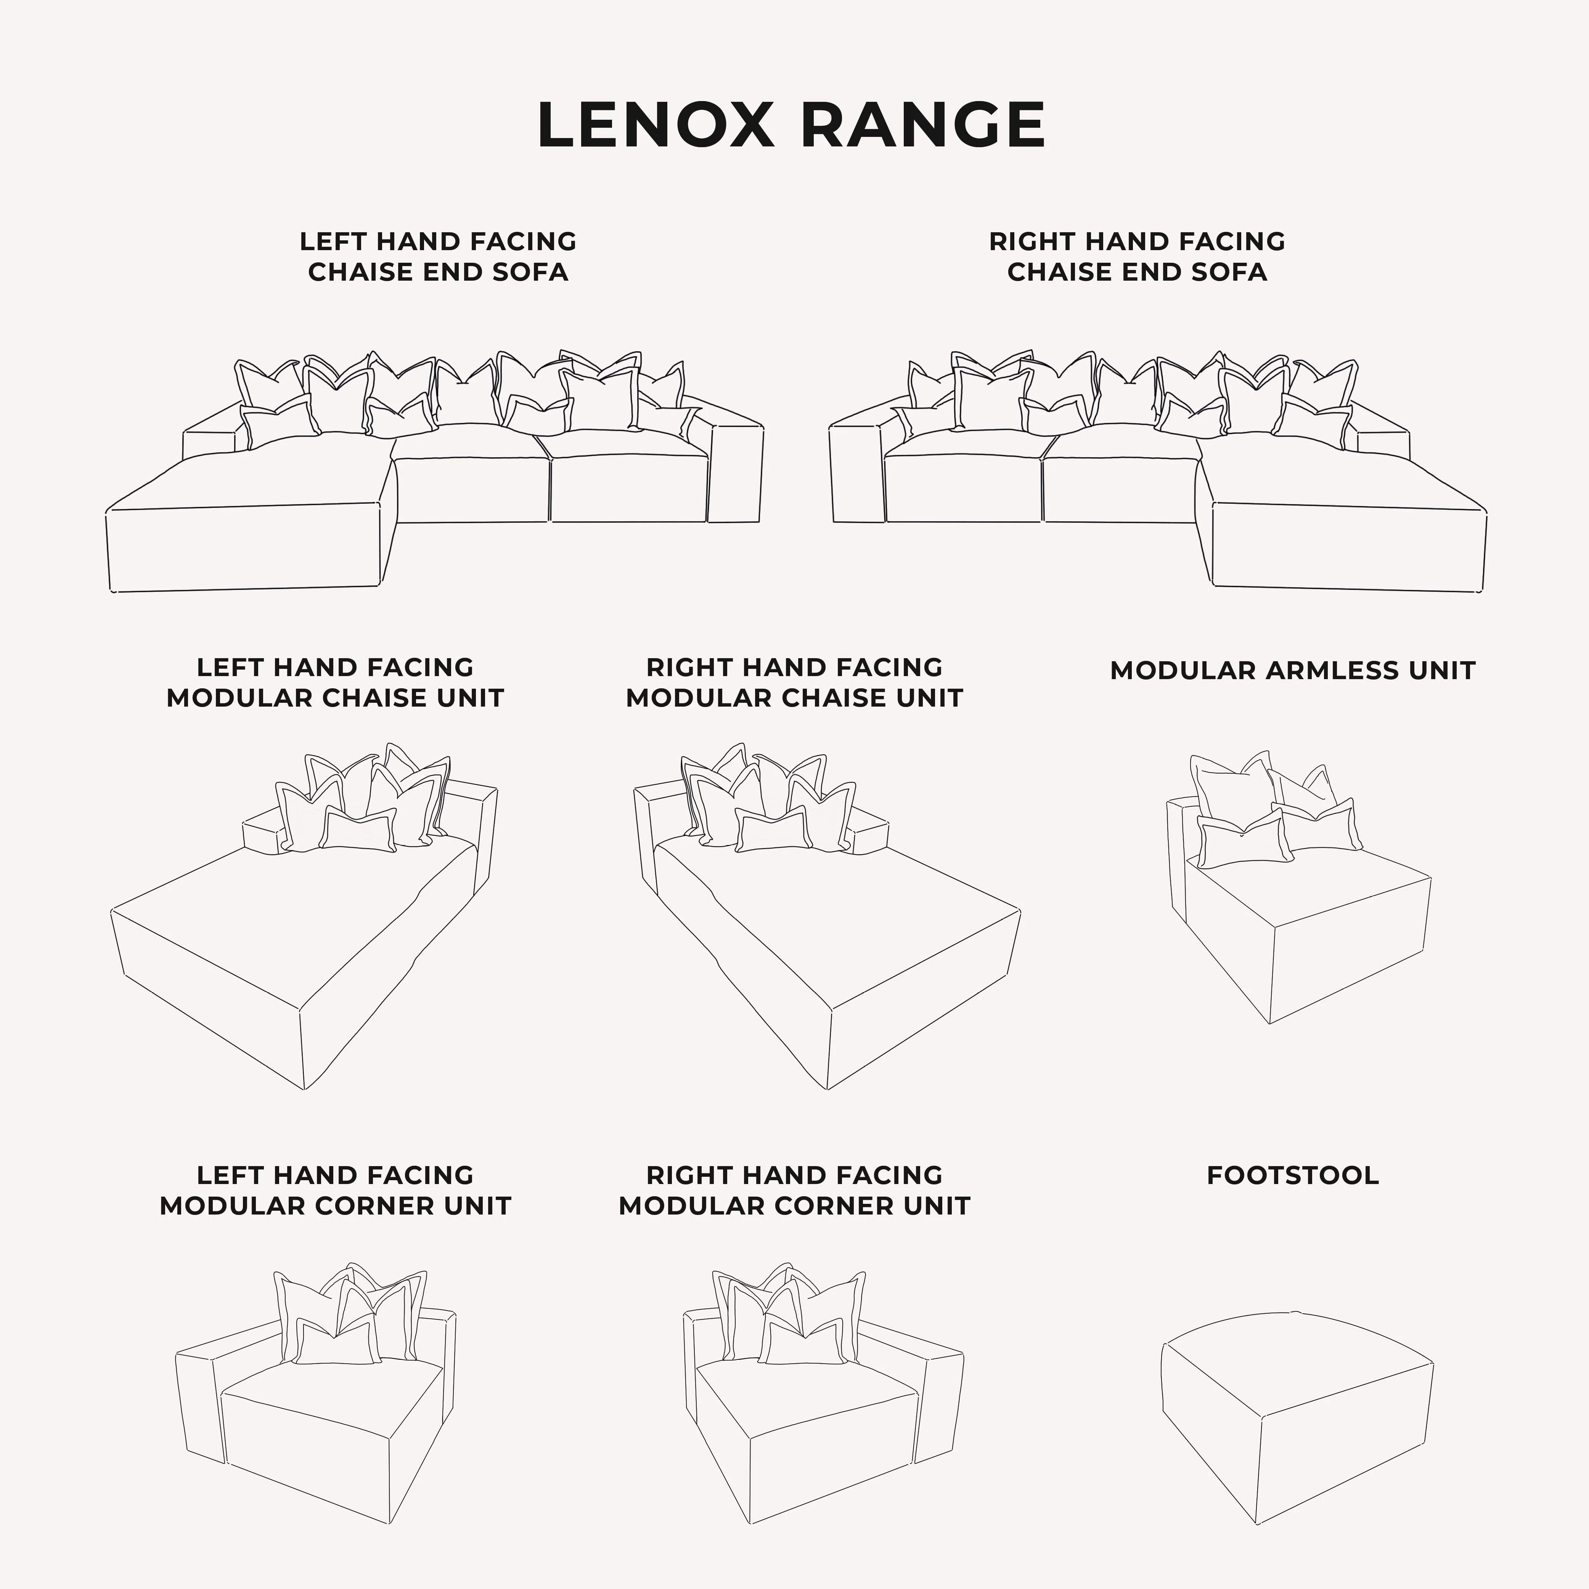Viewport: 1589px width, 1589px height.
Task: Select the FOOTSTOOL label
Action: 1292,1175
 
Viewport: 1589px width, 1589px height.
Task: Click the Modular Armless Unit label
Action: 1292,670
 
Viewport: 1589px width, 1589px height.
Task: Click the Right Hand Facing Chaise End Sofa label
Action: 1137,257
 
